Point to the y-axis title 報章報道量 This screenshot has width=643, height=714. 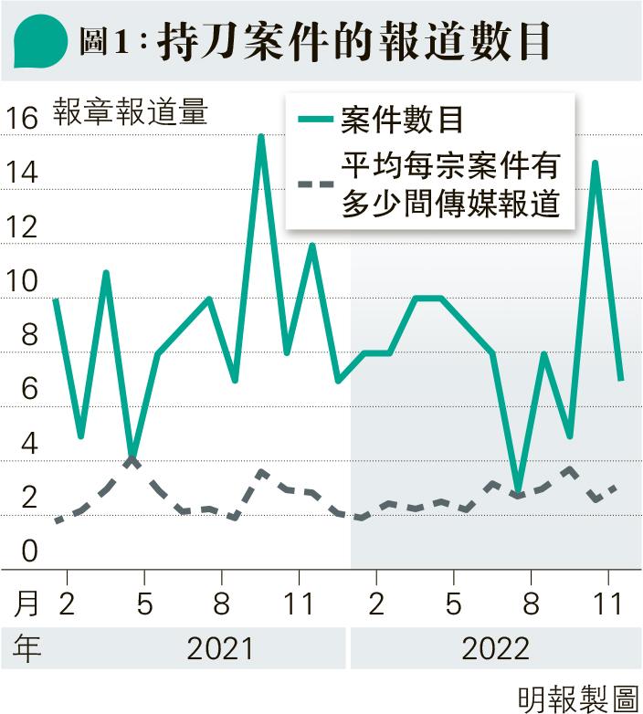(x=131, y=112)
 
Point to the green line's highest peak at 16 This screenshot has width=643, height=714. (x=261, y=137)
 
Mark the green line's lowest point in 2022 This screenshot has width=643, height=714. (x=519, y=490)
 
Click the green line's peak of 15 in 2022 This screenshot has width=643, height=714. (x=596, y=163)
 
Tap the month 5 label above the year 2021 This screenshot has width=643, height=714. (x=144, y=603)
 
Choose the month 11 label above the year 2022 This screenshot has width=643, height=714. (x=608, y=603)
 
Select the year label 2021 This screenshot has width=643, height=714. (x=219, y=648)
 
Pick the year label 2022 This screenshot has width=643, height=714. (x=495, y=648)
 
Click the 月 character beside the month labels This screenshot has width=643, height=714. (x=29, y=603)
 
